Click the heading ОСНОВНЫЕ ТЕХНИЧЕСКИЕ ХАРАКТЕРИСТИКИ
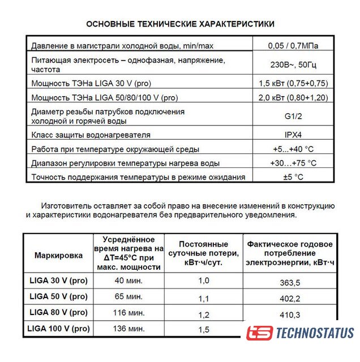(x=180, y=24)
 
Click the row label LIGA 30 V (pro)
(x=58, y=280)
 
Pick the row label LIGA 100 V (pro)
(x=59, y=328)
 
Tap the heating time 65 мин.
(x=128, y=296)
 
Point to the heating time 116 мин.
(x=128, y=312)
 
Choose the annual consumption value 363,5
(x=289, y=283)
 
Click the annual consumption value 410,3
(x=289, y=315)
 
